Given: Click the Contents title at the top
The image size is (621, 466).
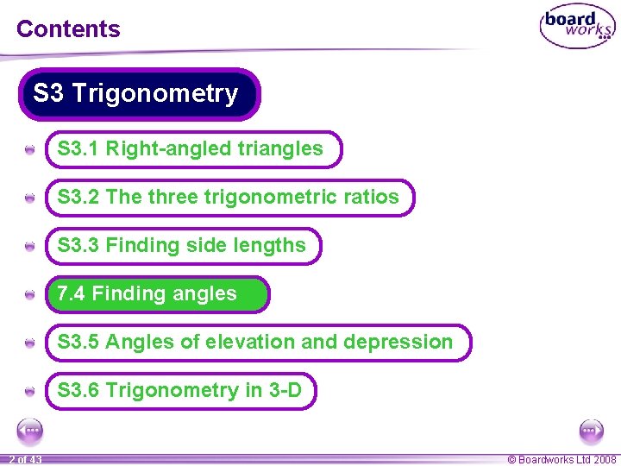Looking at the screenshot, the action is click(x=68, y=28).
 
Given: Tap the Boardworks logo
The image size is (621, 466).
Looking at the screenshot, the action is click(x=577, y=28).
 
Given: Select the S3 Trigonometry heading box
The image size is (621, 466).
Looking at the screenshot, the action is click(x=136, y=93).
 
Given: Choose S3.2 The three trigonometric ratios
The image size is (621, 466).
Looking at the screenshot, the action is click(x=228, y=198).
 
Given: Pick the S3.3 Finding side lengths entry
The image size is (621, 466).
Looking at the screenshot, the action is click(x=181, y=246).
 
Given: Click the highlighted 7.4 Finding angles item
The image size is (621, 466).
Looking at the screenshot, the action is click(x=147, y=294).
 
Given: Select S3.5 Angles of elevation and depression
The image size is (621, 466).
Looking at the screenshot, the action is click(x=254, y=343).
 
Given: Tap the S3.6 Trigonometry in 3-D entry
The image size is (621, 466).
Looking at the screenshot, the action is click(x=179, y=391).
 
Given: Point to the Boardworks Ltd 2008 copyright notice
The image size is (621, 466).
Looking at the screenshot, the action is click(x=561, y=460).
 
